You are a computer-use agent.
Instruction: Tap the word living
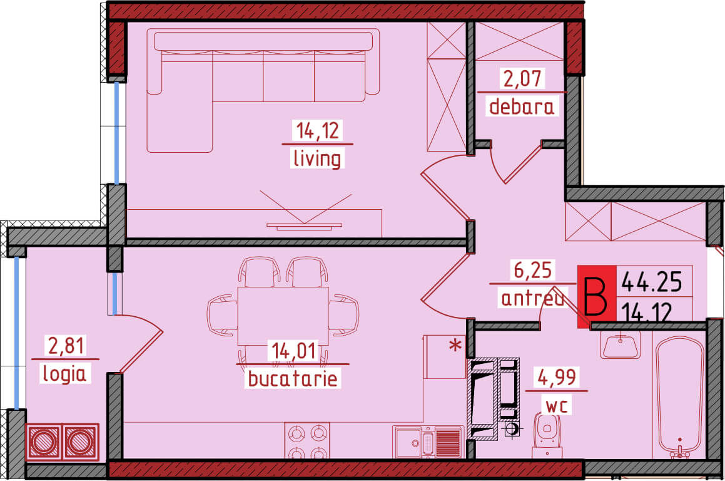(x=317, y=158)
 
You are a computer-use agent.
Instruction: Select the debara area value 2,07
(x=522, y=78)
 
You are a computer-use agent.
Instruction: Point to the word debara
(x=522, y=106)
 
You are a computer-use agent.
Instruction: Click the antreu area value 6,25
(x=533, y=270)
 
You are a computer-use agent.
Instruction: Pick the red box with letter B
(x=597, y=297)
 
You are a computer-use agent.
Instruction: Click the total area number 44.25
(x=652, y=281)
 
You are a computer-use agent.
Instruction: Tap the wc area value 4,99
(x=557, y=377)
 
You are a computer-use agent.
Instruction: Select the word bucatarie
(x=293, y=378)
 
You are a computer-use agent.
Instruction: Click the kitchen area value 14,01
(x=294, y=351)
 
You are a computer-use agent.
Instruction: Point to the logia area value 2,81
(x=66, y=346)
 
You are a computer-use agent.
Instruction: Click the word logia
(x=64, y=373)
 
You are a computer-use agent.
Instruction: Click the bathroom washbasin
(x=621, y=345)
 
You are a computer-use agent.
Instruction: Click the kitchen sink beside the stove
(x=428, y=442)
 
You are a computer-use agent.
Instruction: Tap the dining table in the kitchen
(x=283, y=316)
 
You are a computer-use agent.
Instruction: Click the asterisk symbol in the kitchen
(x=456, y=345)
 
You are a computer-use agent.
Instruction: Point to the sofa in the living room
(x=263, y=90)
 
